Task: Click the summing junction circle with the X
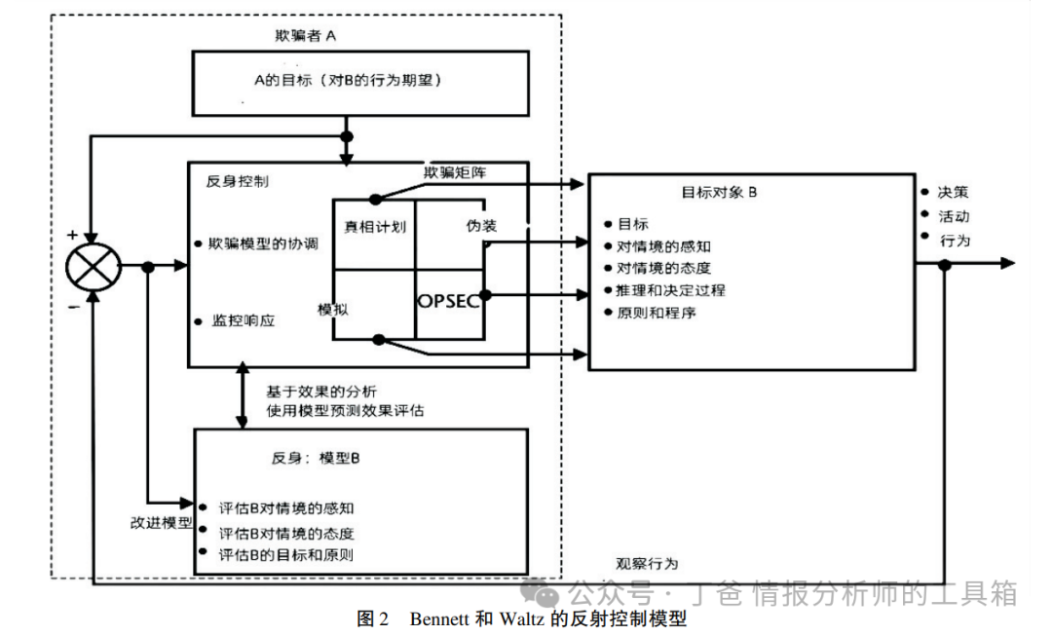coord(92,266)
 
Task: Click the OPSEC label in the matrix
coord(448,302)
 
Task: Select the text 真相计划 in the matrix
coord(375,226)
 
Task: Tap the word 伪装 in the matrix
coord(481,226)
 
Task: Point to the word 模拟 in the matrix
coord(333,309)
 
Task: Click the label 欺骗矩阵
coord(455,172)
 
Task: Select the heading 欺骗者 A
coord(307,36)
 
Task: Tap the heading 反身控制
coord(239,181)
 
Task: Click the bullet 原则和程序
coord(657,313)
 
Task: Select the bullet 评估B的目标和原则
coord(284,555)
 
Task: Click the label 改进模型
coord(162,521)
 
